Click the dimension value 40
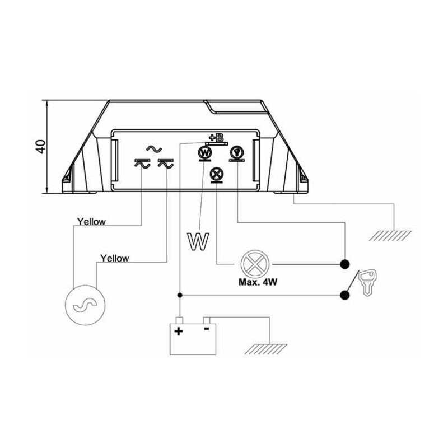pos(40,147)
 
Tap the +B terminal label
pos(216,138)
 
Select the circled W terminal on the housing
pos(206,152)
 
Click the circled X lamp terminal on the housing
pos(216,174)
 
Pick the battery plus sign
pos(179,331)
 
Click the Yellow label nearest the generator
pos(114,258)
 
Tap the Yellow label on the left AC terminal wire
pos(91,221)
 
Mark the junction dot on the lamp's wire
pos(345,264)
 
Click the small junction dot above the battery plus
pos(179,295)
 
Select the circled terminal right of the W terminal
pos(237,152)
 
